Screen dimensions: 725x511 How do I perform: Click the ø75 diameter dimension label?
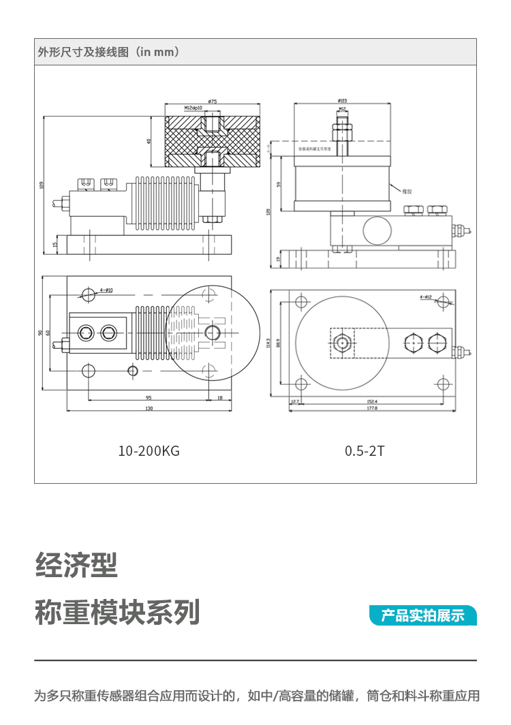pyautogui.click(x=213, y=102)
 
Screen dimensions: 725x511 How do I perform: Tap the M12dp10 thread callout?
pyautogui.click(x=193, y=108)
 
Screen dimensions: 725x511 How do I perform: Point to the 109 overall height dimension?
pyautogui.click(x=42, y=184)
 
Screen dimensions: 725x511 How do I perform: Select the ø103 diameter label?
pyautogui.click(x=342, y=101)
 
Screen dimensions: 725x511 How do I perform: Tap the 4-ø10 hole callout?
pyautogui.click(x=106, y=290)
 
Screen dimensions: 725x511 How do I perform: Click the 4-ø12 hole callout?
pyautogui.click(x=426, y=297)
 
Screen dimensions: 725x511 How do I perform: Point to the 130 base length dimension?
pyautogui.click(x=149, y=408)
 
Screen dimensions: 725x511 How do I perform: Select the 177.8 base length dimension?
pyautogui.click(x=372, y=408)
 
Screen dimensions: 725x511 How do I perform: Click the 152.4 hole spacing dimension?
pyautogui.click(x=372, y=401)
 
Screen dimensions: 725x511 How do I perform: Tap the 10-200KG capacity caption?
pyautogui.click(x=149, y=451)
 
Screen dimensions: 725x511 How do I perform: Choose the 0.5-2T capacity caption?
pyautogui.click(x=365, y=451)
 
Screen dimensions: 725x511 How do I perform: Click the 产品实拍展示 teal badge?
pyautogui.click(x=422, y=615)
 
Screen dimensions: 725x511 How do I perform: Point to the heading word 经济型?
pyautogui.click(x=76, y=565)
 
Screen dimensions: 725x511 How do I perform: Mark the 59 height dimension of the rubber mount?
pyautogui.click(x=279, y=184)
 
